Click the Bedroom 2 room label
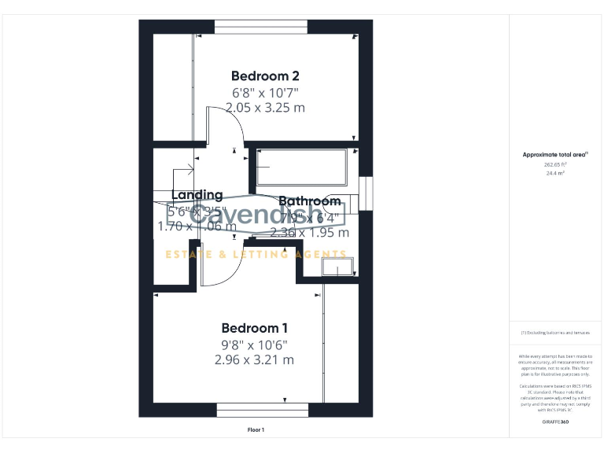pyautogui.click(x=265, y=76)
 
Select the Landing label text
pyautogui.click(x=197, y=195)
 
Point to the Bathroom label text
pyautogui.click(x=309, y=201)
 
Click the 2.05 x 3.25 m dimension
pyautogui.click(x=265, y=108)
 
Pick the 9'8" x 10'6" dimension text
pyautogui.click(x=254, y=344)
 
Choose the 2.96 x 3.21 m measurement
pyautogui.click(x=254, y=360)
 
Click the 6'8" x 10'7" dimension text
pyautogui.click(x=265, y=92)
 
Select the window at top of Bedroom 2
pyautogui.click(x=261, y=27)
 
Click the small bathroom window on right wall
pyautogui.click(x=366, y=194)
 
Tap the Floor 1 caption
pyautogui.click(x=256, y=430)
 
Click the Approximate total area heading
pyautogui.click(x=555, y=155)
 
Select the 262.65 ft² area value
pyautogui.click(x=555, y=165)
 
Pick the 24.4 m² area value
pyautogui.click(x=555, y=173)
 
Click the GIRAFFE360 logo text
pyautogui.click(x=555, y=422)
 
